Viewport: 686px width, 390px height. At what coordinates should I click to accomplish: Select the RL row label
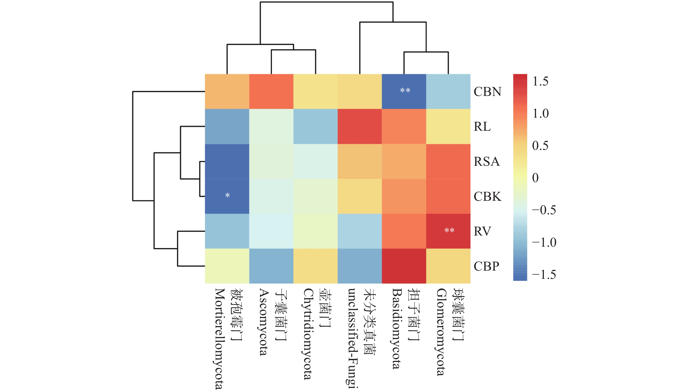(x=482, y=126)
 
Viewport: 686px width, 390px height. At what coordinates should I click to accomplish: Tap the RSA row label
(x=487, y=162)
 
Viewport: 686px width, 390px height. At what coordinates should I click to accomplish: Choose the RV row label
(x=482, y=231)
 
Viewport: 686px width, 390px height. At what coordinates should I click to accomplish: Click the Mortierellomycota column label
(x=220, y=339)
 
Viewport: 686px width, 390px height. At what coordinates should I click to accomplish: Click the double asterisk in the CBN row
(x=405, y=90)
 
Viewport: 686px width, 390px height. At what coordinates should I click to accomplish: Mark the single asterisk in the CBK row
(x=227, y=195)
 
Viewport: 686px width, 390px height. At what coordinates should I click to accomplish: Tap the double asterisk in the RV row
(x=449, y=230)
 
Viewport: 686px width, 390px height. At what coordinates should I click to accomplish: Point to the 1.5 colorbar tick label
(x=540, y=81)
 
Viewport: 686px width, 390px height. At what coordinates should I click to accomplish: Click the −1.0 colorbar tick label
(x=544, y=242)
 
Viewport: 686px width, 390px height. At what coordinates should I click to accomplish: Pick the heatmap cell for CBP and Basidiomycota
(x=404, y=266)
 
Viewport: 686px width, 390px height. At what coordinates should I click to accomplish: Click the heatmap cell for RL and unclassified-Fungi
(x=360, y=126)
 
